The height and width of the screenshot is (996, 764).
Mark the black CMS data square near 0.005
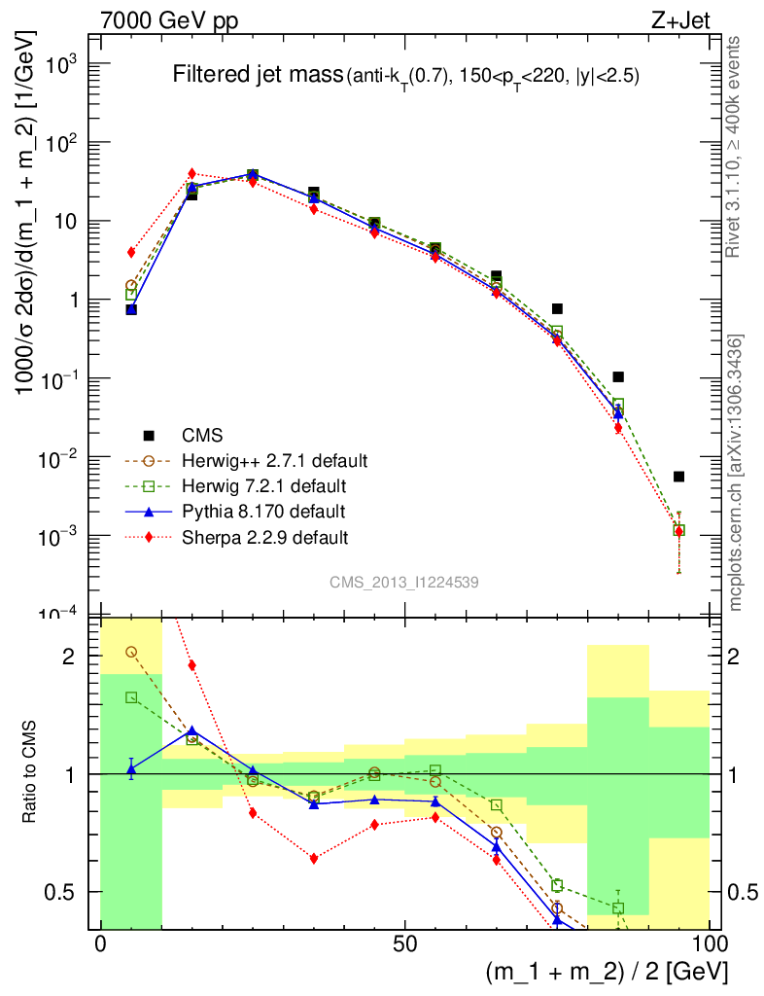point(678,477)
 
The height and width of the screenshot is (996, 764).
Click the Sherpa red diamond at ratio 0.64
point(314,858)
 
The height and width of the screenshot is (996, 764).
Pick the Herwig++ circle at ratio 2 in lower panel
point(131,652)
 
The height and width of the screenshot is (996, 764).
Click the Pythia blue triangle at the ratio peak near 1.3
point(191,729)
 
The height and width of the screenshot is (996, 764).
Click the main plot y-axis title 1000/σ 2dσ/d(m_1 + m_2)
point(27,219)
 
